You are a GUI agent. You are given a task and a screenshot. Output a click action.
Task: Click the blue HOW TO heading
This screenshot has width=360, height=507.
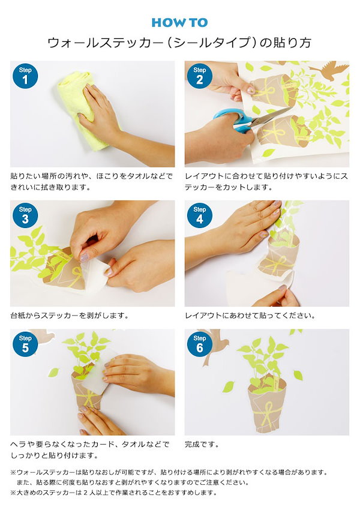point(179,23)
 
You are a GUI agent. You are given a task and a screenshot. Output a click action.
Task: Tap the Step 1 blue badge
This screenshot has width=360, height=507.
point(25,76)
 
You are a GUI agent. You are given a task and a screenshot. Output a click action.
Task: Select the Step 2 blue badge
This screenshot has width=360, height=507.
point(200,76)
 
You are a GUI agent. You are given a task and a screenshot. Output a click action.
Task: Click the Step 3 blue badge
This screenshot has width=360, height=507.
point(25,215)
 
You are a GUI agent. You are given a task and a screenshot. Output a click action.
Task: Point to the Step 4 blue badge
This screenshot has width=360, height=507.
point(200,215)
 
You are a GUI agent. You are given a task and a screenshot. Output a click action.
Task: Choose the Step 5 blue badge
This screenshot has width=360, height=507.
point(25,344)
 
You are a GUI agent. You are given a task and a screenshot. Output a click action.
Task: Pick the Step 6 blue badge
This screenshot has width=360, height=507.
point(200,344)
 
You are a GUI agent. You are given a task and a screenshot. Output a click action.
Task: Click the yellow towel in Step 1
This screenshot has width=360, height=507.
point(81,110)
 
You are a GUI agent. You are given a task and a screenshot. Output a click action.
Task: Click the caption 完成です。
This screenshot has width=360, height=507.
point(202,445)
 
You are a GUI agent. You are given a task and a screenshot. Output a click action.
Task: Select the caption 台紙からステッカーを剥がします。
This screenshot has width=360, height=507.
point(70,316)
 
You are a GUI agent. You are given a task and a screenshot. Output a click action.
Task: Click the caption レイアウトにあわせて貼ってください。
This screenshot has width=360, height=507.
point(250,316)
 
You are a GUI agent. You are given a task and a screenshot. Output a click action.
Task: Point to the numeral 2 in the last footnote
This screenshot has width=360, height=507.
point(86,493)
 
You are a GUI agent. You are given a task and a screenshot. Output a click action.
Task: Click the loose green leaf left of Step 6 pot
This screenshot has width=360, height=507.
point(229,386)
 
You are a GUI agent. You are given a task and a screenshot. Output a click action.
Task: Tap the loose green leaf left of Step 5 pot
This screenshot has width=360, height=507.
point(53,372)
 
